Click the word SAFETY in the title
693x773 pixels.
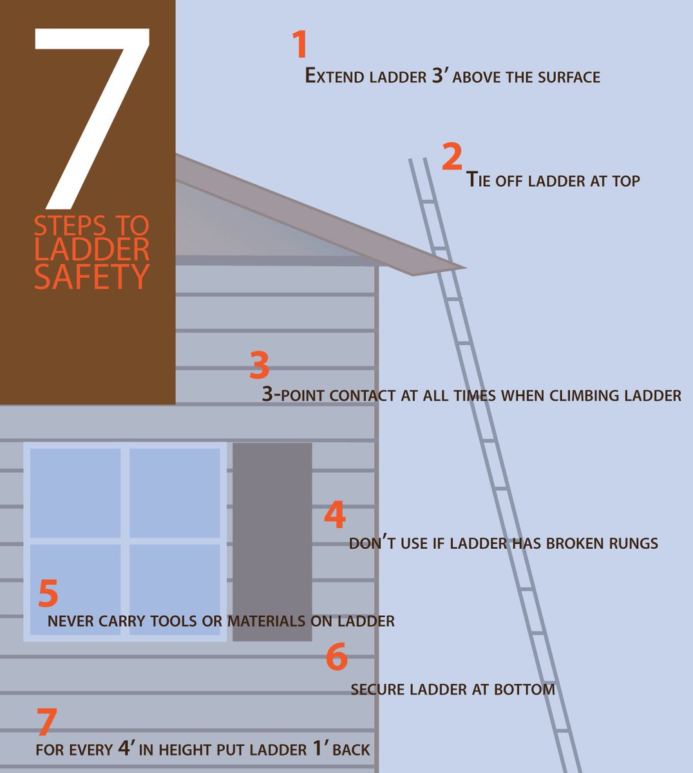tap(91, 276)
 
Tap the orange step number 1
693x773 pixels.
tap(299, 44)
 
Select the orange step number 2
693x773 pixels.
tap(452, 157)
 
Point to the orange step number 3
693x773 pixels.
tap(259, 366)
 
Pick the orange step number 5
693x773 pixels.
tap(48, 593)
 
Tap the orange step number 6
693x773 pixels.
tap(336, 656)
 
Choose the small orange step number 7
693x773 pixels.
tap(46, 722)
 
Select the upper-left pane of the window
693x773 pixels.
tap(75, 493)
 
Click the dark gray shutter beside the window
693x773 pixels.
tap(272, 541)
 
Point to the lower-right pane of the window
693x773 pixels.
tap(175, 589)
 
